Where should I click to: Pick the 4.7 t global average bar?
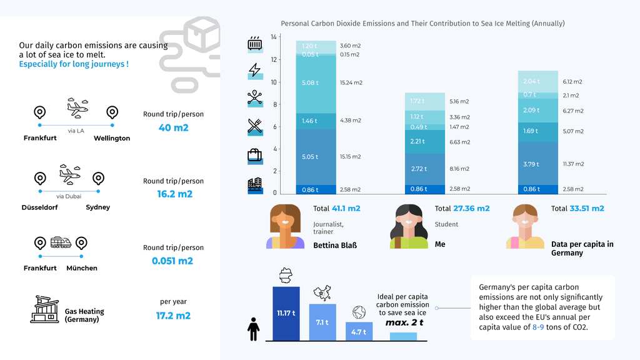[x=359, y=331]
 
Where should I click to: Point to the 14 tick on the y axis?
[x=273, y=37]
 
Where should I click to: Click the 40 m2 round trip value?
[x=173, y=127]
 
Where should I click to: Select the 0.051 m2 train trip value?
[x=172, y=261]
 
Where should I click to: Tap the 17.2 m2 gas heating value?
[x=173, y=316]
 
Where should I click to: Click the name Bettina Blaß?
[x=334, y=246]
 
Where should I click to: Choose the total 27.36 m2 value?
[x=471, y=208]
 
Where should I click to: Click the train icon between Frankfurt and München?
[x=60, y=242]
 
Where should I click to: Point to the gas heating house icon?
[x=44, y=309]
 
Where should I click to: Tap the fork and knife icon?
[x=254, y=126]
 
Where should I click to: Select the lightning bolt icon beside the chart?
[x=254, y=70]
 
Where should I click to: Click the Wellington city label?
[x=112, y=138]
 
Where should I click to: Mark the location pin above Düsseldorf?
[x=39, y=178]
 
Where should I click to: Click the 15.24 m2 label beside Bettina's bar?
[x=351, y=82]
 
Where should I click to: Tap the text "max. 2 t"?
[x=404, y=322]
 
